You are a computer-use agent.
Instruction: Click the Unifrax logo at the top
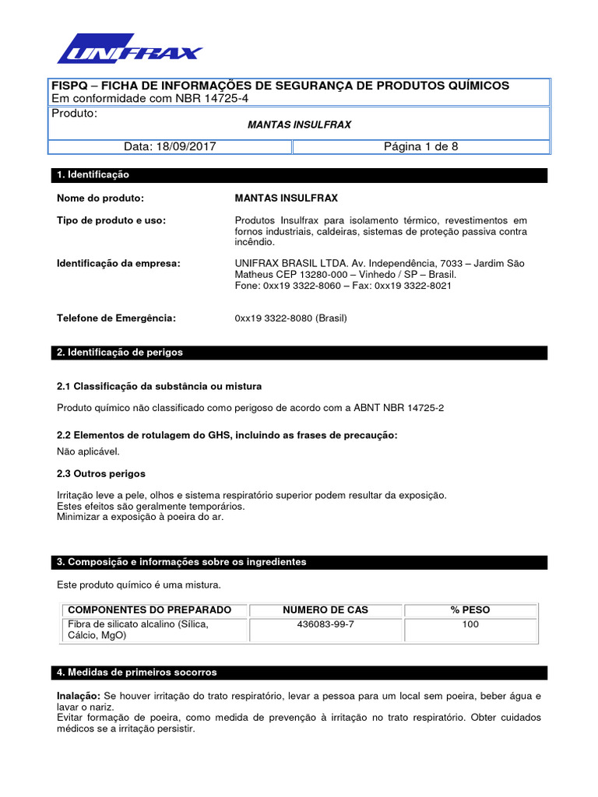129,49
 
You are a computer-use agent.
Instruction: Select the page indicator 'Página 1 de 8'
421,146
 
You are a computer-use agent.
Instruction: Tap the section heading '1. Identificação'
93,175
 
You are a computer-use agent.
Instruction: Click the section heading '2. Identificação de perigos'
120,353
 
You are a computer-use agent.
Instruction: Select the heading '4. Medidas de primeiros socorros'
137,672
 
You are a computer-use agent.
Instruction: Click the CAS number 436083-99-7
325,624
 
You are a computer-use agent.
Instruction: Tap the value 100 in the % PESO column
470,624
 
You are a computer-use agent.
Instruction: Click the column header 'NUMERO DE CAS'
325,609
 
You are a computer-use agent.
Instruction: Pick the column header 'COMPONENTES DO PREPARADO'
149,609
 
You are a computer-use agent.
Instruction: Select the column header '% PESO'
470,609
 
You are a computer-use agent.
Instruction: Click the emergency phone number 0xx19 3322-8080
290,318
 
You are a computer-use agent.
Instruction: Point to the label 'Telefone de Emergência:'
117,318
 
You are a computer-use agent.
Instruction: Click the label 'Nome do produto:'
101,198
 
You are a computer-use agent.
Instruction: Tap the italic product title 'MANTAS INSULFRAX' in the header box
299,125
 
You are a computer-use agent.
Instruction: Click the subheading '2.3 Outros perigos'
101,473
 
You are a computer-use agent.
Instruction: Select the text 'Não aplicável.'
89,451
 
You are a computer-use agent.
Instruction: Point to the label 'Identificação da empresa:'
118,264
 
